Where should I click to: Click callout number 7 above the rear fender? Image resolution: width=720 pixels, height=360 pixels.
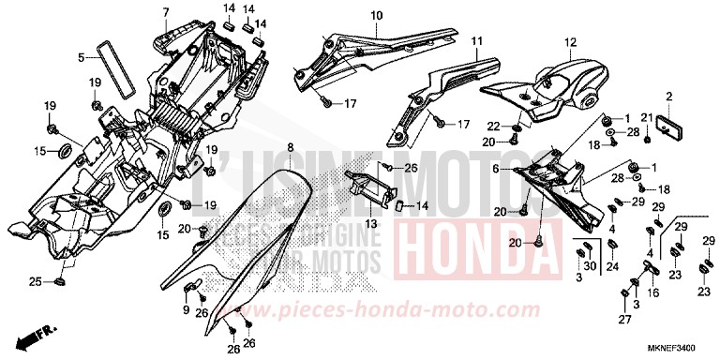tap(165, 12)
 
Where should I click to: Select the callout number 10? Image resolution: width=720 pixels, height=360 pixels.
tap(377, 16)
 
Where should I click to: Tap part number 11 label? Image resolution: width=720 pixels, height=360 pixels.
tap(476, 41)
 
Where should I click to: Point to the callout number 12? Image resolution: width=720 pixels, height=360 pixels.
tap(568, 43)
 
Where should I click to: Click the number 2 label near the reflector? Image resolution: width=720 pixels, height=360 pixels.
tap(669, 97)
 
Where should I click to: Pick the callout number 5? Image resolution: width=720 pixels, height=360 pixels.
tap(82, 56)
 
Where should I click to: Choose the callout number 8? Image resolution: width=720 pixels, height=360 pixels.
tap(291, 148)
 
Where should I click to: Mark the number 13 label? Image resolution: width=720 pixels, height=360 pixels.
tap(371, 224)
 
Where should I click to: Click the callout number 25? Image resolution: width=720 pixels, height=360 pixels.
tap(33, 282)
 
